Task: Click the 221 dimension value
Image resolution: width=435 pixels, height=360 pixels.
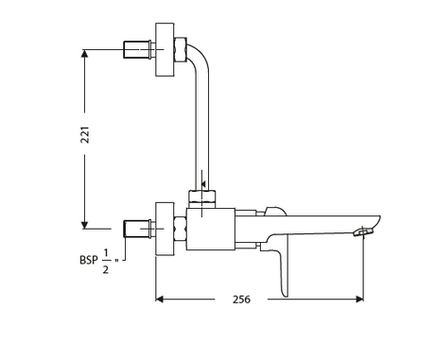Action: [85, 135]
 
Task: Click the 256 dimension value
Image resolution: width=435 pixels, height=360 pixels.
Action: [241, 300]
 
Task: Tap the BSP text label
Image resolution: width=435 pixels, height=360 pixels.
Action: [89, 260]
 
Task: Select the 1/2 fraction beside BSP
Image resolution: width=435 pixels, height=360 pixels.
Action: [106, 262]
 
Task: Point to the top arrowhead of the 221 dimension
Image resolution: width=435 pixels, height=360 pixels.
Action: [84, 54]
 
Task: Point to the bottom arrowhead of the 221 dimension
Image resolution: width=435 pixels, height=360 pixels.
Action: [84, 225]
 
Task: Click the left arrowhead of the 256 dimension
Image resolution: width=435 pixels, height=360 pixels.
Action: [160, 299]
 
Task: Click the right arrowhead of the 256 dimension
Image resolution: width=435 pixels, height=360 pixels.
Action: [359, 299]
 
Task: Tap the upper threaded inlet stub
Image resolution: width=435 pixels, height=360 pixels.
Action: [137, 49]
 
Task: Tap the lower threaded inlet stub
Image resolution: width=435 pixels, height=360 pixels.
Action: [137, 229]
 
